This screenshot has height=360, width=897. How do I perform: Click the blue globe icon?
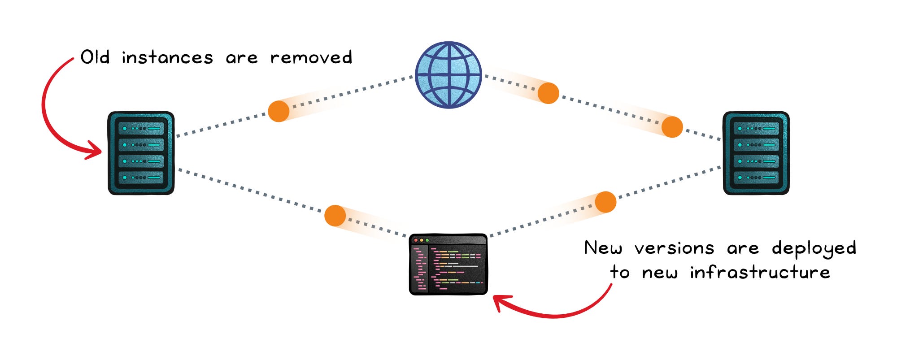click(448, 75)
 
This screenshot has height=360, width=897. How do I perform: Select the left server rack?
click(141, 153)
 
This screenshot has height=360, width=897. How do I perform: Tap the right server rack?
click(756, 153)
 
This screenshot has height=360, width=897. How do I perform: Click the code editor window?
click(448, 264)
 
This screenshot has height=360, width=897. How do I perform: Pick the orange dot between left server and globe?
click(279, 111)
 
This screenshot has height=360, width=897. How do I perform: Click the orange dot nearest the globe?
click(548, 93)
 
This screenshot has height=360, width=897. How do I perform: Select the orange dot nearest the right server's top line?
click(672, 126)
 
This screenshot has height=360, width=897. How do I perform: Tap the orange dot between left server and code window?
click(335, 216)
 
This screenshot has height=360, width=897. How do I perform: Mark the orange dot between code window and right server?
click(605, 202)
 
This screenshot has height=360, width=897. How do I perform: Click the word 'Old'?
click(95, 57)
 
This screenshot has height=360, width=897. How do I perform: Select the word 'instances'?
click(167, 57)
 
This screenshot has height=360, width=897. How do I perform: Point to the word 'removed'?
click(311, 57)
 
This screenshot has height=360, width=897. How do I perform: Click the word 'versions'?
click(674, 248)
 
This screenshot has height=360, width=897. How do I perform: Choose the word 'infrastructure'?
click(760, 272)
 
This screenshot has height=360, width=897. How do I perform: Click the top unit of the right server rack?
click(756, 129)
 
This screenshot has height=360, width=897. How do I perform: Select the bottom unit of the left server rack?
click(141, 178)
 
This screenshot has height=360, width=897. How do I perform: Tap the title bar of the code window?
click(448, 240)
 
